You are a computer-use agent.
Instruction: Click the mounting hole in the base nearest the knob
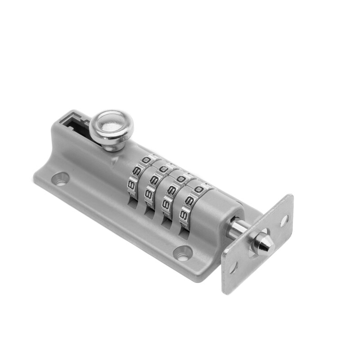coord(61,179)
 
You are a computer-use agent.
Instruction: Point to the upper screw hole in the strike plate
coord(284,220)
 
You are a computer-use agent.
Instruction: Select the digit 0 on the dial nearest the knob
coord(147,161)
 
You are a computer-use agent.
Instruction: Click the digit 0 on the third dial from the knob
coord(181,180)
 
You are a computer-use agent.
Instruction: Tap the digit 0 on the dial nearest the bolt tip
coord(198,189)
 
